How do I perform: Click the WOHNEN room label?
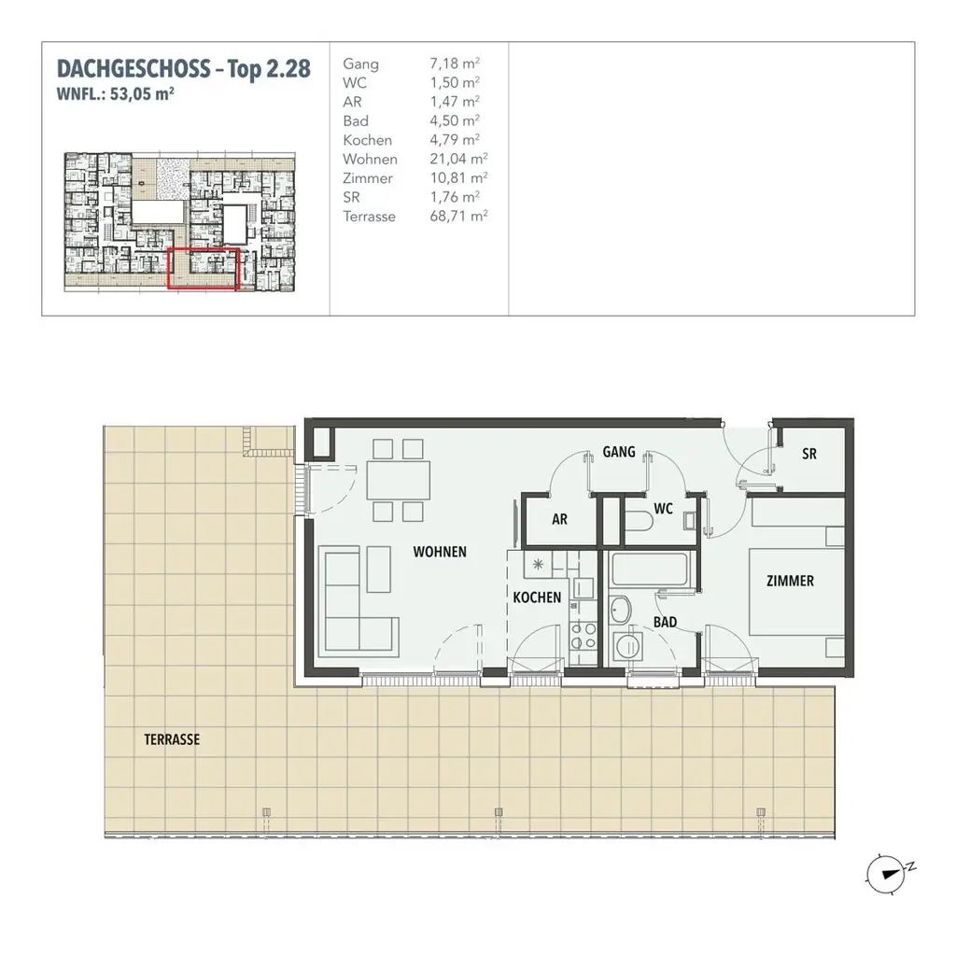click(x=440, y=552)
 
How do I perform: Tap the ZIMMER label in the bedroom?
click(x=789, y=581)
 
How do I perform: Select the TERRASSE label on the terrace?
click(x=172, y=738)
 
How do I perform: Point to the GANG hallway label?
click(x=619, y=452)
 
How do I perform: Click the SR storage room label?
click(x=809, y=454)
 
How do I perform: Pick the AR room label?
click(x=559, y=520)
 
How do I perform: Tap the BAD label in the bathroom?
click(x=665, y=621)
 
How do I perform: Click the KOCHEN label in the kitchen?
click(x=537, y=597)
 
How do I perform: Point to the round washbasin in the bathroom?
click(x=620, y=610)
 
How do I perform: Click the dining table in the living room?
click(x=399, y=480)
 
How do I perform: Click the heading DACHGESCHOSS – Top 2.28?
click(x=183, y=69)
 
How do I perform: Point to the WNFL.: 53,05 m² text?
click(x=117, y=92)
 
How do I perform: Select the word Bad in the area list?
click(x=356, y=120)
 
